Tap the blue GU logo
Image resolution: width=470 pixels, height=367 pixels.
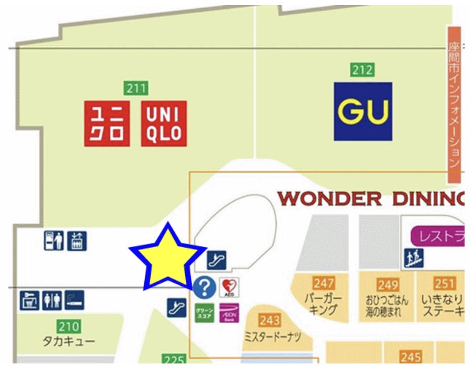[x=363, y=111]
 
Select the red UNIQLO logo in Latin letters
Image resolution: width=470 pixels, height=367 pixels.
[x=163, y=124]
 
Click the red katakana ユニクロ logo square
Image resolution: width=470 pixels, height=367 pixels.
[x=107, y=124]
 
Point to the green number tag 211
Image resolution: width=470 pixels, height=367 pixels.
[x=136, y=88]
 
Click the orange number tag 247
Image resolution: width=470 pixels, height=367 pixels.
[x=323, y=283]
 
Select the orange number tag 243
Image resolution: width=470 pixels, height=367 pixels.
[x=270, y=320]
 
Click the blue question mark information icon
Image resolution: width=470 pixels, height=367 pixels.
[x=205, y=288]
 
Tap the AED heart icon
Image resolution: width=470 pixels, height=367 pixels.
[x=229, y=288]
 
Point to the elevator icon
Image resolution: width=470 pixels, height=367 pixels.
[x=77, y=240]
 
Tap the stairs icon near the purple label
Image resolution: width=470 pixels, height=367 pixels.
[x=414, y=259]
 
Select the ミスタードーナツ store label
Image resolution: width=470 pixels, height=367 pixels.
[x=273, y=337]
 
